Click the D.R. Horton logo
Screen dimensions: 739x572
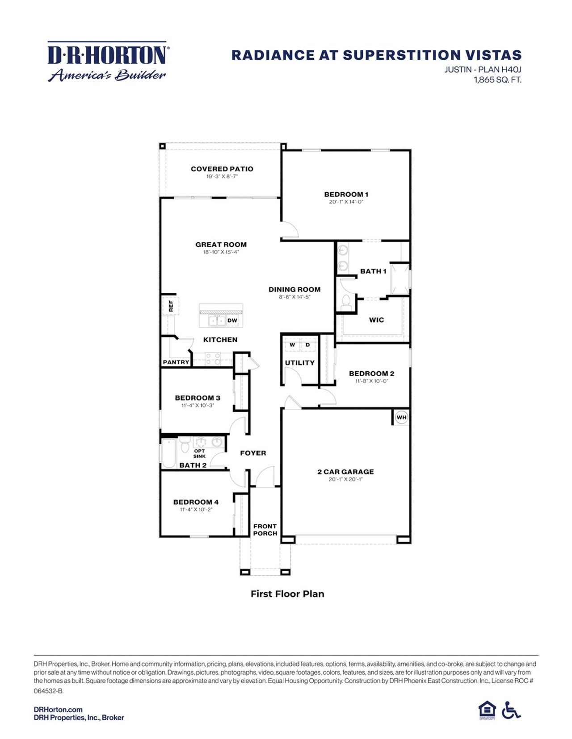pyautogui.click(x=107, y=62)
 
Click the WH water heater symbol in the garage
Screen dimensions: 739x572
pyautogui.click(x=401, y=417)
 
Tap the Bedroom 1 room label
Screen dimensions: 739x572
pyautogui.click(x=346, y=194)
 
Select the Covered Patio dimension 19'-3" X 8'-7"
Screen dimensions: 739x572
pyautogui.click(x=222, y=176)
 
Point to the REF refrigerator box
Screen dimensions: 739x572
pyautogui.click(x=171, y=306)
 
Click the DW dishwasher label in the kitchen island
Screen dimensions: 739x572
pyautogui.click(x=232, y=320)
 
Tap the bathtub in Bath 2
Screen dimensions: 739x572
pyautogui.click(x=169, y=453)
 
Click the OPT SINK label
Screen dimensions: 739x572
pyautogui.click(x=199, y=453)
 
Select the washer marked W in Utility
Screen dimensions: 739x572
pyautogui.click(x=292, y=345)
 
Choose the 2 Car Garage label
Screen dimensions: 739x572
pyautogui.click(x=345, y=472)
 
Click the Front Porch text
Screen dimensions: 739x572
pyautogui.click(x=265, y=530)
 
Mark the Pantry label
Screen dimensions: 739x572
pyautogui.click(x=176, y=362)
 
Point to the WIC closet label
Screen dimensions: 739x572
pyautogui.click(x=376, y=320)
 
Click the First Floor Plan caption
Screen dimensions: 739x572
pyautogui.click(x=287, y=594)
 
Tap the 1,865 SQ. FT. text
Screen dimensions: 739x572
pyautogui.click(x=497, y=80)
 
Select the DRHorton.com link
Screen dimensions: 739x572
pyautogui.click(x=58, y=709)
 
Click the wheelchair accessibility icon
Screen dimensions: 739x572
pyautogui.click(x=511, y=710)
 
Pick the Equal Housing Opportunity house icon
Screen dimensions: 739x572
pyautogui.click(x=487, y=710)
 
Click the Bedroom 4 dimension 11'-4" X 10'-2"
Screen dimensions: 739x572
pyautogui.click(x=196, y=509)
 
